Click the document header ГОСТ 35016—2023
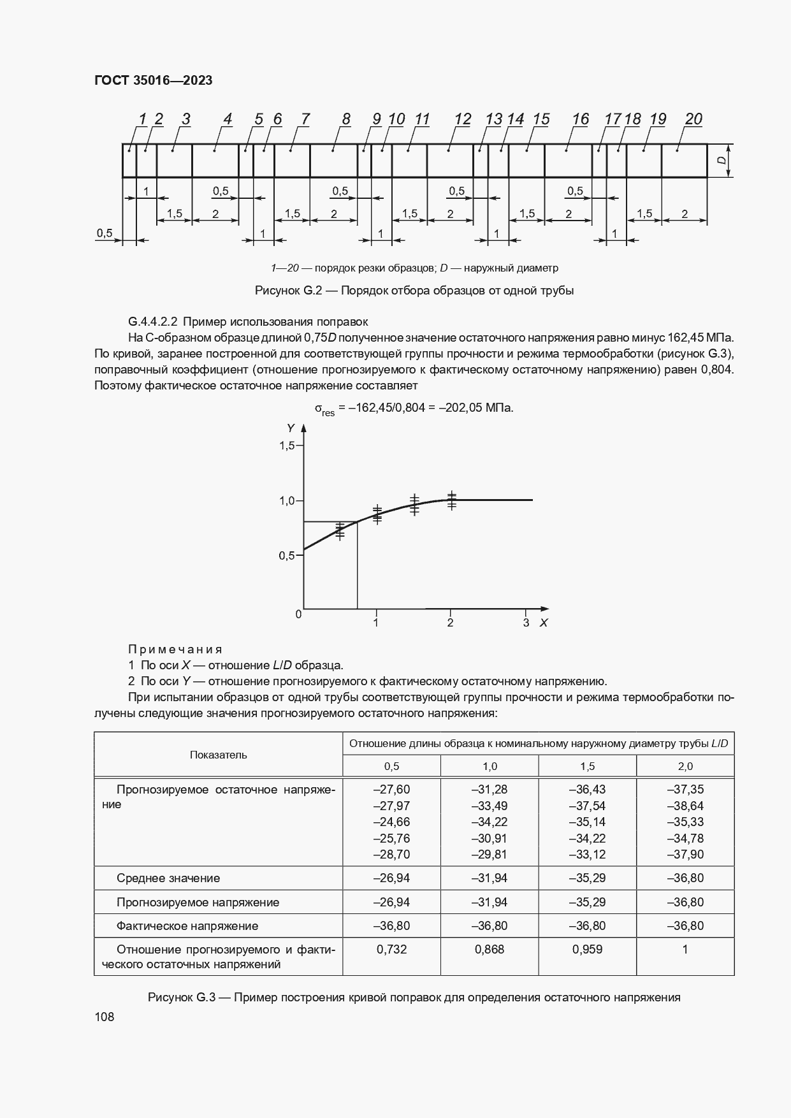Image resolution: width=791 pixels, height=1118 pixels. click(153, 80)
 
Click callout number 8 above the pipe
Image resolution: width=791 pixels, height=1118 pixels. click(346, 119)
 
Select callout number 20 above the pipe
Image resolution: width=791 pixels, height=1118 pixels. click(693, 119)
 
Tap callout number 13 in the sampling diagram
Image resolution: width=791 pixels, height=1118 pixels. click(493, 119)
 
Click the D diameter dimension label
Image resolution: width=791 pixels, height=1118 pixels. click(722, 161)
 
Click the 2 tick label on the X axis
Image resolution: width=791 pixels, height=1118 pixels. click(450, 623)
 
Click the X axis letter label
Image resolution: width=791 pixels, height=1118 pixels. click(543, 623)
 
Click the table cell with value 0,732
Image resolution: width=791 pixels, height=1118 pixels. click(391, 949)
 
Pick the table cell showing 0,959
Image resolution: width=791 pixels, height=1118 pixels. click(587, 949)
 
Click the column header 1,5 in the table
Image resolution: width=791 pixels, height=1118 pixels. click(587, 766)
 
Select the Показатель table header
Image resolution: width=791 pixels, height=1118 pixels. click(218, 755)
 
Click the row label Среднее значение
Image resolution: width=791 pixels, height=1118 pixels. click(168, 878)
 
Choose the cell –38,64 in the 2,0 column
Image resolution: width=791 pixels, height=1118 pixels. click(685, 806)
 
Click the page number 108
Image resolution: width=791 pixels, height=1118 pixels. click(104, 1017)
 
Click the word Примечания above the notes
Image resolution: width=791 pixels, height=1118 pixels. click(175, 649)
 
